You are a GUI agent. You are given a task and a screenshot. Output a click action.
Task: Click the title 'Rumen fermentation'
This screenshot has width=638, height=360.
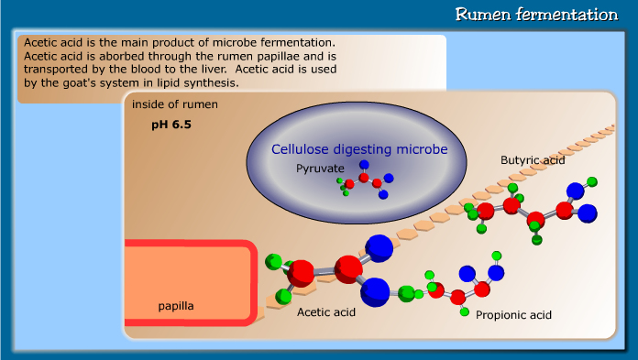click(x=535, y=15)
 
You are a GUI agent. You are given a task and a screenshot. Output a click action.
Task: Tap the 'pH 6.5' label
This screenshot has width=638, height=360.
click(x=171, y=123)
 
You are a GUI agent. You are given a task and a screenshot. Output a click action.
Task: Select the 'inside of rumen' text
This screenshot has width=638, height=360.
click(x=175, y=104)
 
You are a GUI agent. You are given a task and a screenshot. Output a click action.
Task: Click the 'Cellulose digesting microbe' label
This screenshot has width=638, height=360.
click(x=358, y=148)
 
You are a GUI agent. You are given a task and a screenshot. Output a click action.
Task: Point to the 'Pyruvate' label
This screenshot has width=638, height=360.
click(x=320, y=169)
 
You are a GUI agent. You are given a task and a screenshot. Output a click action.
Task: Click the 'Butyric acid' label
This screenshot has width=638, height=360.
click(x=533, y=160)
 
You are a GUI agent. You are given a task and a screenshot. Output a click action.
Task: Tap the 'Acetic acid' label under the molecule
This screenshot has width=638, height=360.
click(x=325, y=312)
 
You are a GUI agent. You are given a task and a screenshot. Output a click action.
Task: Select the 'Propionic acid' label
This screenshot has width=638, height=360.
click(x=513, y=315)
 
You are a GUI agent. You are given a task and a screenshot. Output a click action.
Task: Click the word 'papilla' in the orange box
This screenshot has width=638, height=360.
click(x=176, y=304)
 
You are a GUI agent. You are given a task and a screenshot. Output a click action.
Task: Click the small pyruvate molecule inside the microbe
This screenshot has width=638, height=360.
click(x=365, y=180)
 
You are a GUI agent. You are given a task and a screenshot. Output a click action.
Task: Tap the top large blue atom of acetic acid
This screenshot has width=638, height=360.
click(x=379, y=247)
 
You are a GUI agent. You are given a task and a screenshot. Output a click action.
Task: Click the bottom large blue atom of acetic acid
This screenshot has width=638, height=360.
click(x=375, y=291)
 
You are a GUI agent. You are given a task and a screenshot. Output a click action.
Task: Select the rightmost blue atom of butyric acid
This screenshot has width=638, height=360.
click(x=585, y=213)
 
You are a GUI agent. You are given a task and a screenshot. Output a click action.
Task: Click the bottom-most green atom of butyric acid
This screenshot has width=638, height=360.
click(x=536, y=241)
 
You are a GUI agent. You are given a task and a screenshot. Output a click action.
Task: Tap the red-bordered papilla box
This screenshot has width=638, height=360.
click(x=191, y=282)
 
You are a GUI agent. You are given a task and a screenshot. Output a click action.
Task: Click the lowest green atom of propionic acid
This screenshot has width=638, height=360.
click(x=465, y=312)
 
